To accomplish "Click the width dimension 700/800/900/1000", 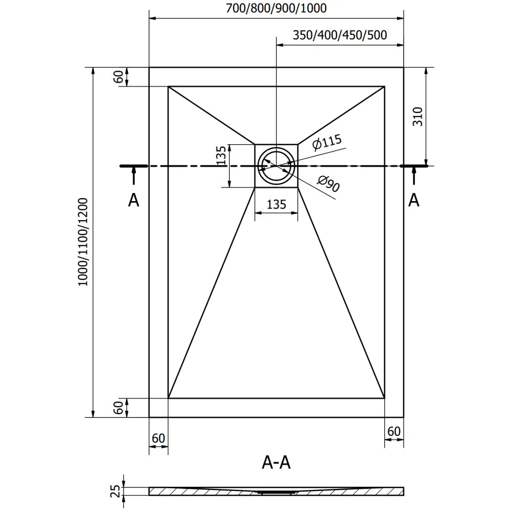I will [x=276, y=8].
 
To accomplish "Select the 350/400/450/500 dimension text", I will [x=340, y=35].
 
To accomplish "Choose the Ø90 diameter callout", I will [x=328, y=184].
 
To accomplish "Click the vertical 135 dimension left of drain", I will [x=221, y=155].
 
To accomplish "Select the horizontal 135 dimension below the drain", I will [x=276, y=204].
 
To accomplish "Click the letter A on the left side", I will [x=133, y=200].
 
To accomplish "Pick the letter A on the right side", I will [x=413, y=200].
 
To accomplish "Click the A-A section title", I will [x=276, y=463].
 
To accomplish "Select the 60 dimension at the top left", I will [x=119, y=77].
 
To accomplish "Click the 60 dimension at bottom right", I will [x=394, y=431].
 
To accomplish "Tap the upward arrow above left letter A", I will [x=133, y=176].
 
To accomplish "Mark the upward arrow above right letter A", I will [x=413, y=176].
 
